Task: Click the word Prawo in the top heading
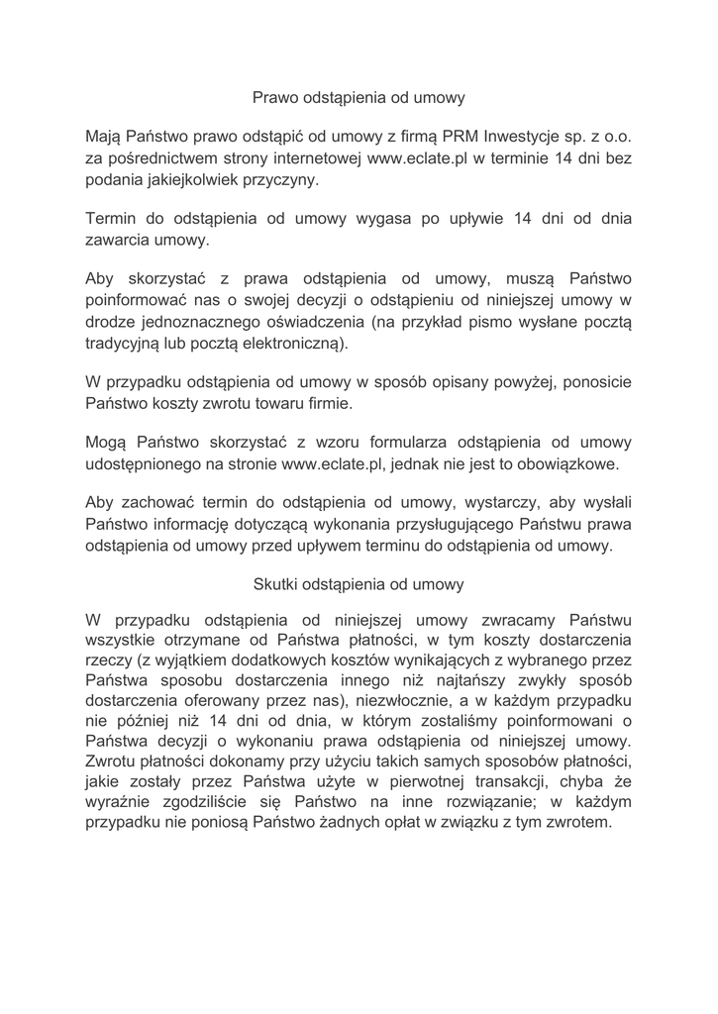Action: click(274, 98)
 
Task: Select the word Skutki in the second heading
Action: click(279, 584)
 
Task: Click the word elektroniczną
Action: click(293, 345)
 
